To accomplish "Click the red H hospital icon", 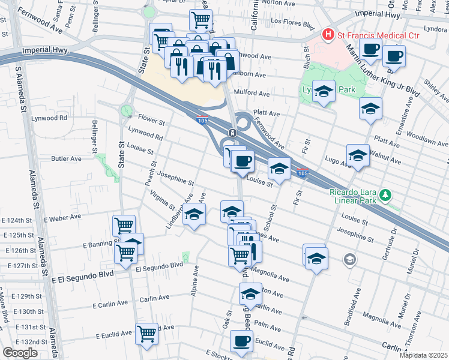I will point(328,35).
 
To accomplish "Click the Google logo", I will point(20,352).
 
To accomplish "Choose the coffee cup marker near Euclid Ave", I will point(242,341).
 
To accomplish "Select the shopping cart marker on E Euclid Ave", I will point(146,333).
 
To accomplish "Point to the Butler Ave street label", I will point(66,159).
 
